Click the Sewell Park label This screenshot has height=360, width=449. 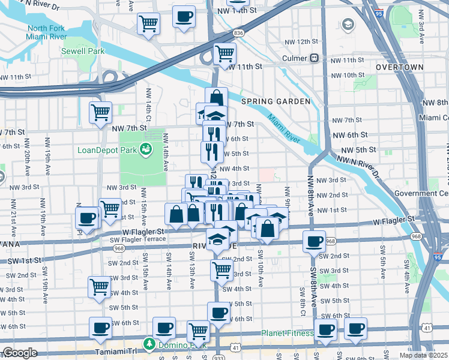click(83, 51)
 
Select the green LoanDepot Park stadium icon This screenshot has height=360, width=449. click(145, 149)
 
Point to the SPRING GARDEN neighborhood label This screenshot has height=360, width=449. click(276, 102)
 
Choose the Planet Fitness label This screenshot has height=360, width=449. click(287, 334)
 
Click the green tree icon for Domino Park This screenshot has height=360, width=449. click(146, 344)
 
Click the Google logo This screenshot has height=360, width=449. click(20, 353)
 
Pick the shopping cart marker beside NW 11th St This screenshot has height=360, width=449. click(224, 53)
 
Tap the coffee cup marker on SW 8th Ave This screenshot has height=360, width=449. click(314, 241)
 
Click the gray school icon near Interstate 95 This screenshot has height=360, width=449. click(348, 25)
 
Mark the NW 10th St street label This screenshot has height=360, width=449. click(344, 75)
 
